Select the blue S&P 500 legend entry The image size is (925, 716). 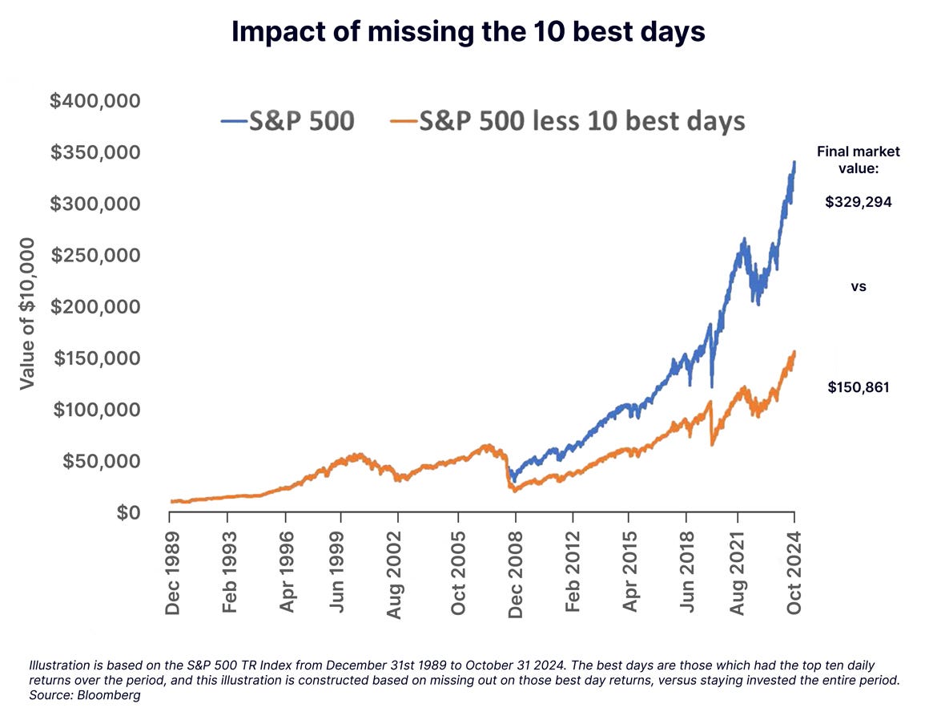click(288, 121)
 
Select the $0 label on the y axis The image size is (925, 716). click(127, 512)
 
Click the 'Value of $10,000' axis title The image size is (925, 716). click(27, 313)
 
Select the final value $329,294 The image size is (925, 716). click(859, 202)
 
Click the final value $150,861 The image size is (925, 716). click(859, 388)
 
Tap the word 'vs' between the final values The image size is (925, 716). click(859, 286)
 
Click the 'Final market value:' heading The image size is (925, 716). click(859, 159)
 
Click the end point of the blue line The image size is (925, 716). click(794, 162)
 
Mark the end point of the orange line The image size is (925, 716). click(794, 351)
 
